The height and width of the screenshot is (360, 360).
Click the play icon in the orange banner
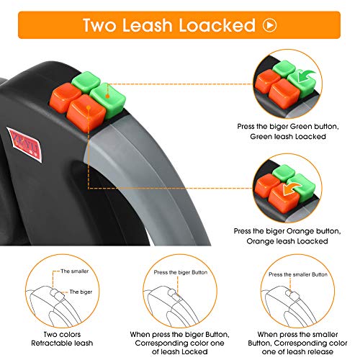pyautogui.click(x=270, y=25)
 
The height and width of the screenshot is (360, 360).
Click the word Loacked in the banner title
pyautogui.click(x=217, y=25)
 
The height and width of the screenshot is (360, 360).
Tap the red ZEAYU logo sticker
pyautogui.click(x=24, y=145)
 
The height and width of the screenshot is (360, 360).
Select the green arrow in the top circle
pyautogui.click(x=305, y=76)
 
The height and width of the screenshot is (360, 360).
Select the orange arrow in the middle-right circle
pyautogui.click(x=292, y=189)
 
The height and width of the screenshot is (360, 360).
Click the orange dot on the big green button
pyautogui.click(x=107, y=96)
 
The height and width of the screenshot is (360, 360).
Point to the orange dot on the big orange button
pyautogui.click(x=89, y=107)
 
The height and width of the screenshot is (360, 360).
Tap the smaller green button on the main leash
pyautogui.click(x=86, y=81)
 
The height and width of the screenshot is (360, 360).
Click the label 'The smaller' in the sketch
pyautogui.click(x=75, y=271)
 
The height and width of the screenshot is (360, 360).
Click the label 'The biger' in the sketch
pyautogui.click(x=81, y=292)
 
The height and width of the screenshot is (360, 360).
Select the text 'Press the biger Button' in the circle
pyautogui.click(x=181, y=272)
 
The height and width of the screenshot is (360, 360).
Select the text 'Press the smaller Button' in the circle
pyautogui.click(x=298, y=274)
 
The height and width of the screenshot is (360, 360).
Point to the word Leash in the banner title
pyautogui.click(x=146, y=25)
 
